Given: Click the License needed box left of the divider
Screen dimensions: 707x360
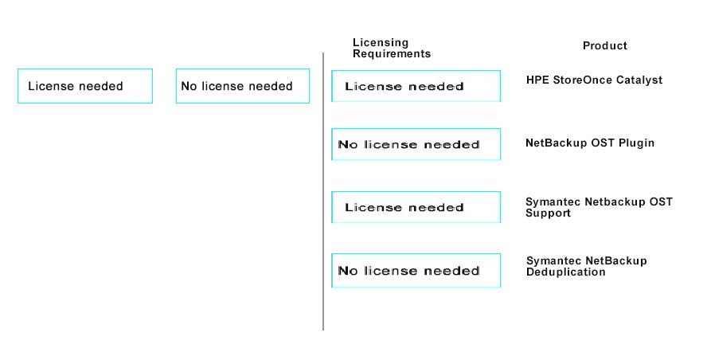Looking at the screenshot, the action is (x=85, y=86).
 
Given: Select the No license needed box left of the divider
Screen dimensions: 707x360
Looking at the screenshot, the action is (x=243, y=86).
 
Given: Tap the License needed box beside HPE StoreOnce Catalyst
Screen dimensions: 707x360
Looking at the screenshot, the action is (x=416, y=86).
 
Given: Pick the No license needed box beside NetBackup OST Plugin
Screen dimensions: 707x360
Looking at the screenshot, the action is (x=416, y=144).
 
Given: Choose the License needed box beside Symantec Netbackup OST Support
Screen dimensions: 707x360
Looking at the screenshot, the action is (x=416, y=207).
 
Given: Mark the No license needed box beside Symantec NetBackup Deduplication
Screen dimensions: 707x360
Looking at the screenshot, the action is (x=416, y=270).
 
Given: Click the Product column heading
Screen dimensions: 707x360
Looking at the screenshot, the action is (x=604, y=45).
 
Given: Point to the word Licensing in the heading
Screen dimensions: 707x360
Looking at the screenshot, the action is (x=380, y=42).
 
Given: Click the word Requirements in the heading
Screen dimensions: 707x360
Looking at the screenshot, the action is (x=392, y=53).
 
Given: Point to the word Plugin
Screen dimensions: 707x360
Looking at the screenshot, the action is (x=636, y=143).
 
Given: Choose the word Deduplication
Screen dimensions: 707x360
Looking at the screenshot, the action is (x=565, y=272).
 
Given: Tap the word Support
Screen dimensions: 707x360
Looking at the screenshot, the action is (x=548, y=213).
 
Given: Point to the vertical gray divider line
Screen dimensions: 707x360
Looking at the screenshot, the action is (x=323, y=192).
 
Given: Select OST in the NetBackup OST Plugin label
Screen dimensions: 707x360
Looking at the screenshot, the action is (x=604, y=143).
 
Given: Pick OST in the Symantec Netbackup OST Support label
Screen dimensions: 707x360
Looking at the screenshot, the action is (x=661, y=202).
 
